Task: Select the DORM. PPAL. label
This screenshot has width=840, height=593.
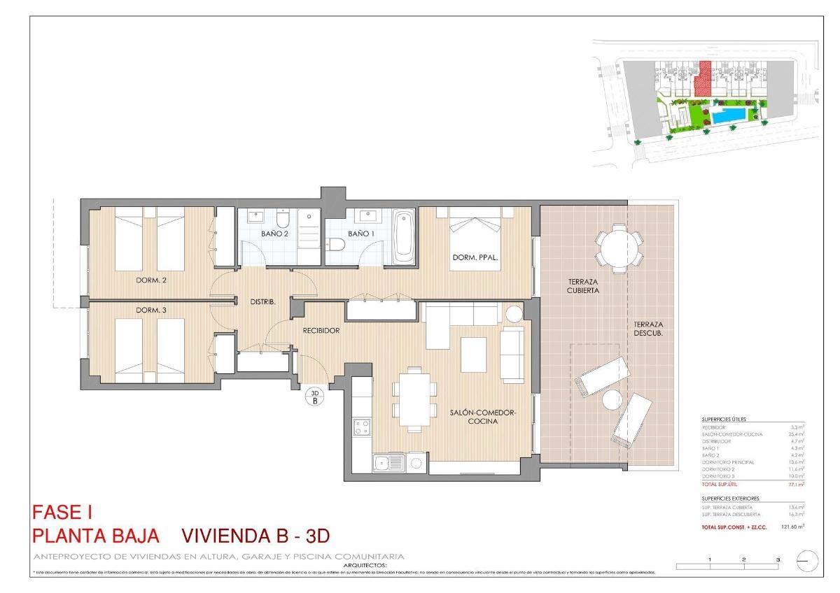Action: coord(475,258)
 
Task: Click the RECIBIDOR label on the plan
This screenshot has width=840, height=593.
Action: coord(321,330)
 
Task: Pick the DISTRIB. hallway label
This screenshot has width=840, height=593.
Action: coord(262,302)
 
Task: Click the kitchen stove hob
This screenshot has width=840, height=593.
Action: coord(362,427)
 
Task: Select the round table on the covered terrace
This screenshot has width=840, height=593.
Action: coord(619,247)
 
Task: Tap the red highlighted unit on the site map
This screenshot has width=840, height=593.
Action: coord(703,80)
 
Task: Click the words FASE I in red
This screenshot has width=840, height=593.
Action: coord(63,513)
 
